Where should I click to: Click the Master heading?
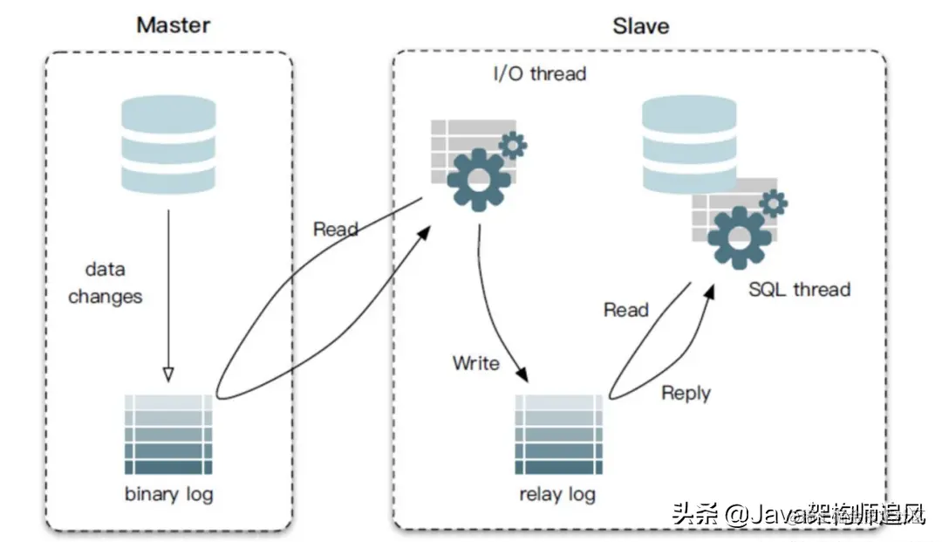tap(174, 24)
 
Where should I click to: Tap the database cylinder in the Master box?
tap(168, 145)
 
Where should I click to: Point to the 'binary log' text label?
tap(168, 494)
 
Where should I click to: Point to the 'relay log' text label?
tap(557, 494)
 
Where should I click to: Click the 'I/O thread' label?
tap(539, 73)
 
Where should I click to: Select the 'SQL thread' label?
tap(799, 289)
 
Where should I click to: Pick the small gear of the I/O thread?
tap(512, 144)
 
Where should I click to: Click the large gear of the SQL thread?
tap(739, 237)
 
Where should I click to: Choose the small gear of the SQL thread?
tap(773, 203)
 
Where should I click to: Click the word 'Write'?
tap(476, 362)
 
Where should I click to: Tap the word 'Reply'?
tap(686, 393)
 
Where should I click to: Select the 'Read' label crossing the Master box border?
tap(336, 230)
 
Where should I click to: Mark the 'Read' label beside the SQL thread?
tap(626, 310)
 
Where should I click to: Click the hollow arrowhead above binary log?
tap(168, 374)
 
